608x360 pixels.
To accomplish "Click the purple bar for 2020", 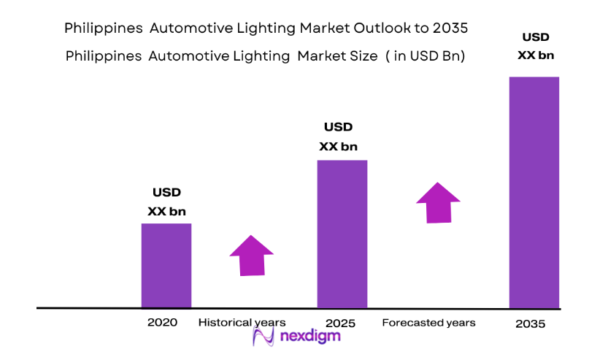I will point(166,265).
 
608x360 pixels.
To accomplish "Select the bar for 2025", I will point(342,234).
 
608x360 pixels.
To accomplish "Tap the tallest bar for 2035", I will point(534,192).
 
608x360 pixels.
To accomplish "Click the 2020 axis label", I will point(161,322).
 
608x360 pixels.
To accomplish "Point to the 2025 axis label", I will point(342,322).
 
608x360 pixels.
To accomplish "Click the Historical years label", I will point(242,322).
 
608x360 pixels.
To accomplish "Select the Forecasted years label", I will point(428,322).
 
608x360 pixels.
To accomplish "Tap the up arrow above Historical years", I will point(251,255).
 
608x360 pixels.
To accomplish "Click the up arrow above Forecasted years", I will point(438,202).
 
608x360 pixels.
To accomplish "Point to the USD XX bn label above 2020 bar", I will point(166,202).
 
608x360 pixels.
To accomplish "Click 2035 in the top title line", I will point(450,28).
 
